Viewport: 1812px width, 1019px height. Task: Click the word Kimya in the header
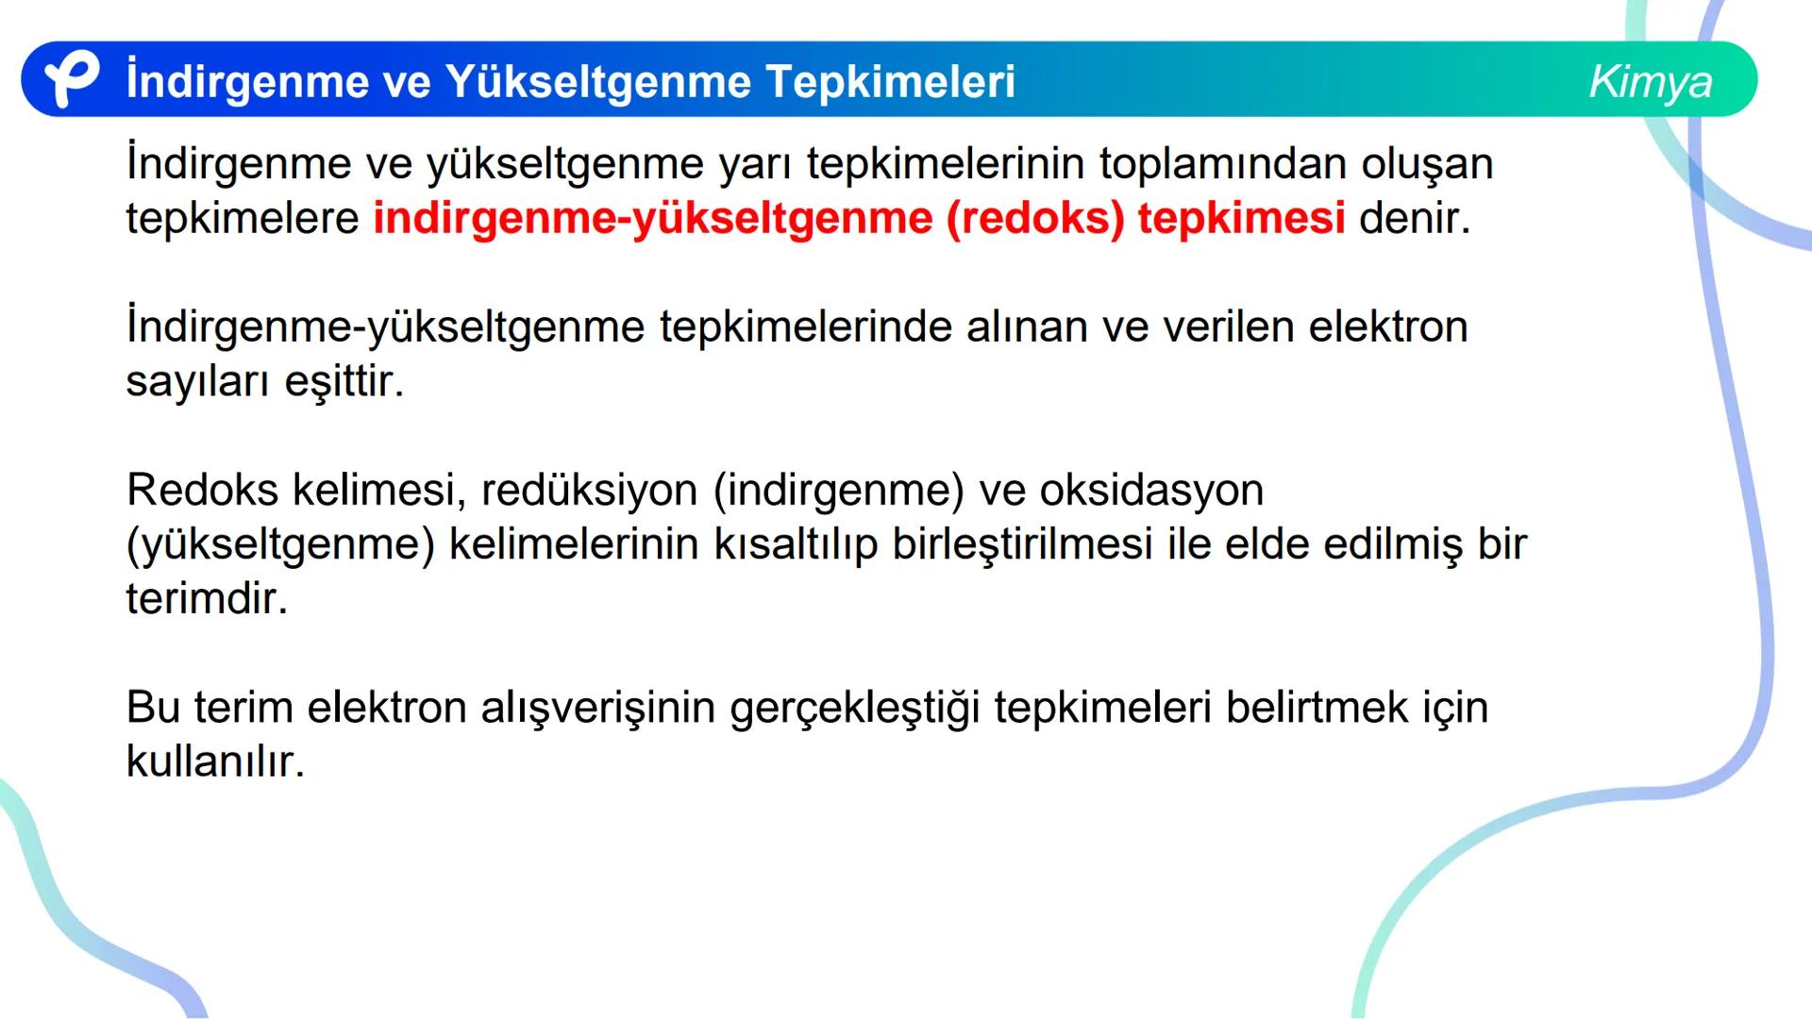(1650, 81)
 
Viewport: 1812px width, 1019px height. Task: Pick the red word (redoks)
(1035, 219)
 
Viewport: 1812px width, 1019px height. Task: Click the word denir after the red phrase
(1414, 219)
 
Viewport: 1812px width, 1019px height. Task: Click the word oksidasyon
(1150, 491)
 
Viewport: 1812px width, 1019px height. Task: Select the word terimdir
(207, 598)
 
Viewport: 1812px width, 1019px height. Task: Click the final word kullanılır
(215, 761)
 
